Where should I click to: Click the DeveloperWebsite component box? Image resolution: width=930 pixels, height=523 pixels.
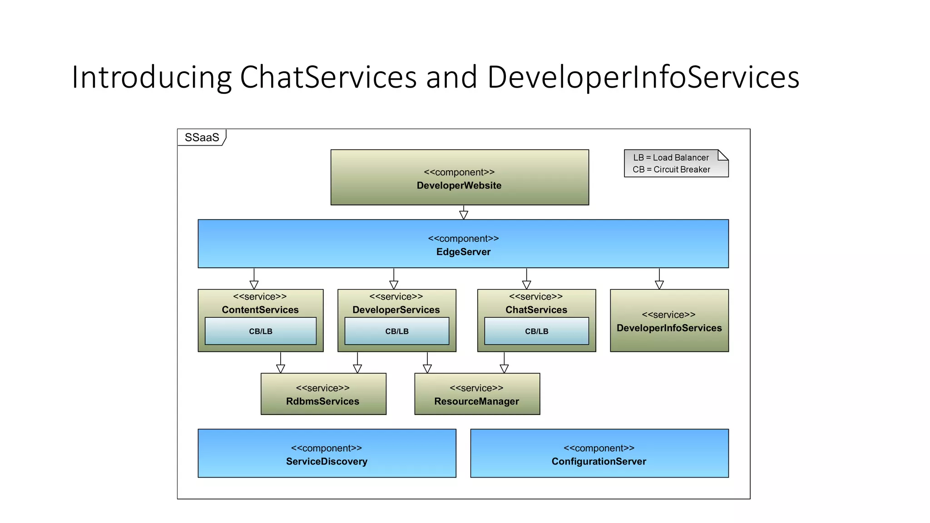[x=460, y=178]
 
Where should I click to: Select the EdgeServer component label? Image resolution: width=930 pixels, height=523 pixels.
[x=463, y=252]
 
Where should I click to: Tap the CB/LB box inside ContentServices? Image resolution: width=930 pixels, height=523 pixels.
[x=261, y=331]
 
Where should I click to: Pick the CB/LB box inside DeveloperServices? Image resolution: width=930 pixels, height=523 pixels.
[x=397, y=331]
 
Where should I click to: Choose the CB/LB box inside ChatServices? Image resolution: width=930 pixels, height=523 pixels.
[x=536, y=331]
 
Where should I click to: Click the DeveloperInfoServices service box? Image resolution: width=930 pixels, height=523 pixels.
[x=669, y=321]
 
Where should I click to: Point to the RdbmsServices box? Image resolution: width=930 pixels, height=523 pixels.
[x=323, y=394]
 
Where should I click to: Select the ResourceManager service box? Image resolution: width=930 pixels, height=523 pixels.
[x=477, y=394]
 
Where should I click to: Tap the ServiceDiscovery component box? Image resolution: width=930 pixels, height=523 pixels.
[x=327, y=453]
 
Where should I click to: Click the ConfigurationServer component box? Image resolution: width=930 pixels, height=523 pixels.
[x=599, y=453]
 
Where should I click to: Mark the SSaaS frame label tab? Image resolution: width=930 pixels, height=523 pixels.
[x=202, y=137]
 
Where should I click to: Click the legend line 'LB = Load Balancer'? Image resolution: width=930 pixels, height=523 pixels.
[x=671, y=158]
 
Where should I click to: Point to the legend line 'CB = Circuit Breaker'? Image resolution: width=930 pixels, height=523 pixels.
[x=671, y=169]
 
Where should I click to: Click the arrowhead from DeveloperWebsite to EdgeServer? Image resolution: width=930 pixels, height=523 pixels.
[x=464, y=214]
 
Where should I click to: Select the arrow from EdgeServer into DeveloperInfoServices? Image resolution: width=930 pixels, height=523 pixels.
[x=659, y=279]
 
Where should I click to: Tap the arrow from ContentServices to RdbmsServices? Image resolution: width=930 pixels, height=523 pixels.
[x=281, y=363]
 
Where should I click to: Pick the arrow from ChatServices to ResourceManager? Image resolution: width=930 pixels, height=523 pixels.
[x=504, y=363]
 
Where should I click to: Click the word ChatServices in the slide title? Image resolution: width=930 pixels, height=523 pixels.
[x=328, y=77]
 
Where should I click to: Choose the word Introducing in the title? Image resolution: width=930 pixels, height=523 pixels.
[x=152, y=77]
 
